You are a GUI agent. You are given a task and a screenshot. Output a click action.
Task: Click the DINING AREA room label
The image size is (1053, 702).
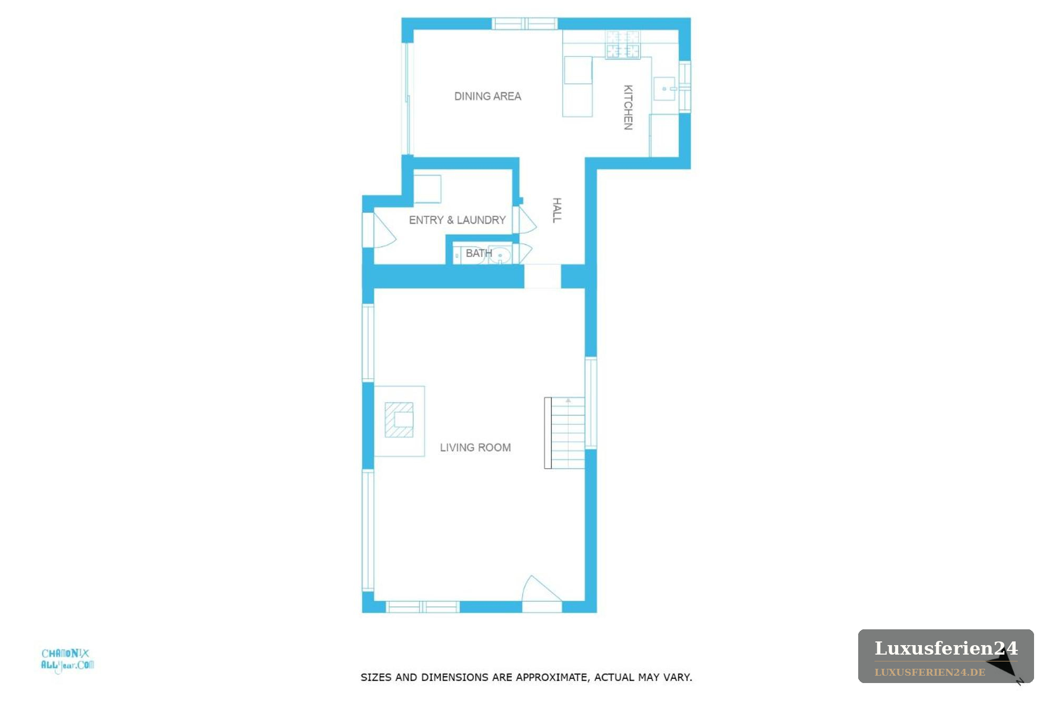pyautogui.click(x=488, y=96)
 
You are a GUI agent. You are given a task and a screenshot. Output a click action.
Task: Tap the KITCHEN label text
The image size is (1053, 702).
pyautogui.click(x=628, y=107)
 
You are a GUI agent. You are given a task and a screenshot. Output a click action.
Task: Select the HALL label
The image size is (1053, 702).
pyautogui.click(x=557, y=210)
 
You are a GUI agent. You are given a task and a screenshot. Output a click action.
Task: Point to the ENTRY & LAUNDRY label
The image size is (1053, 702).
pyautogui.click(x=457, y=220)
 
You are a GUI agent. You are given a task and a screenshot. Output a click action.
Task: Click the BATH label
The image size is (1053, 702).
pyautogui.click(x=479, y=253)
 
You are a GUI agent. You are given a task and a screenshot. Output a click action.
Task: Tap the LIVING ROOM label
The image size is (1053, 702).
pyautogui.click(x=475, y=448)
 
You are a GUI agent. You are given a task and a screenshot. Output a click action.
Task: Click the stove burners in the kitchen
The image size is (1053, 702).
pyautogui.click(x=623, y=44)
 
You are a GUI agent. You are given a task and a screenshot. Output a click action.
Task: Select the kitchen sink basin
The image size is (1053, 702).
pyautogui.click(x=664, y=88)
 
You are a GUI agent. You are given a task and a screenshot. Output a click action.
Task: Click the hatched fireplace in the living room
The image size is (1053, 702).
pyautogui.click(x=399, y=420)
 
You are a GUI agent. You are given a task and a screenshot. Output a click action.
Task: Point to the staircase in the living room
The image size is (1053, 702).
pyautogui.click(x=564, y=433)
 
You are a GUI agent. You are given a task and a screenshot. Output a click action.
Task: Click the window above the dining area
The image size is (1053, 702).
pyautogui.click(x=524, y=24)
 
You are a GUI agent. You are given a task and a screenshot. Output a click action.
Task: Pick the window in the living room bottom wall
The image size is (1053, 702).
pyautogui.click(x=423, y=607)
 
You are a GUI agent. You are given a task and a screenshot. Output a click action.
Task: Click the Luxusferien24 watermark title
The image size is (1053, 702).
pyautogui.click(x=946, y=648)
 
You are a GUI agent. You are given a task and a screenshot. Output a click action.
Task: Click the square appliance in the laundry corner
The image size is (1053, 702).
pyautogui.click(x=427, y=189)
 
